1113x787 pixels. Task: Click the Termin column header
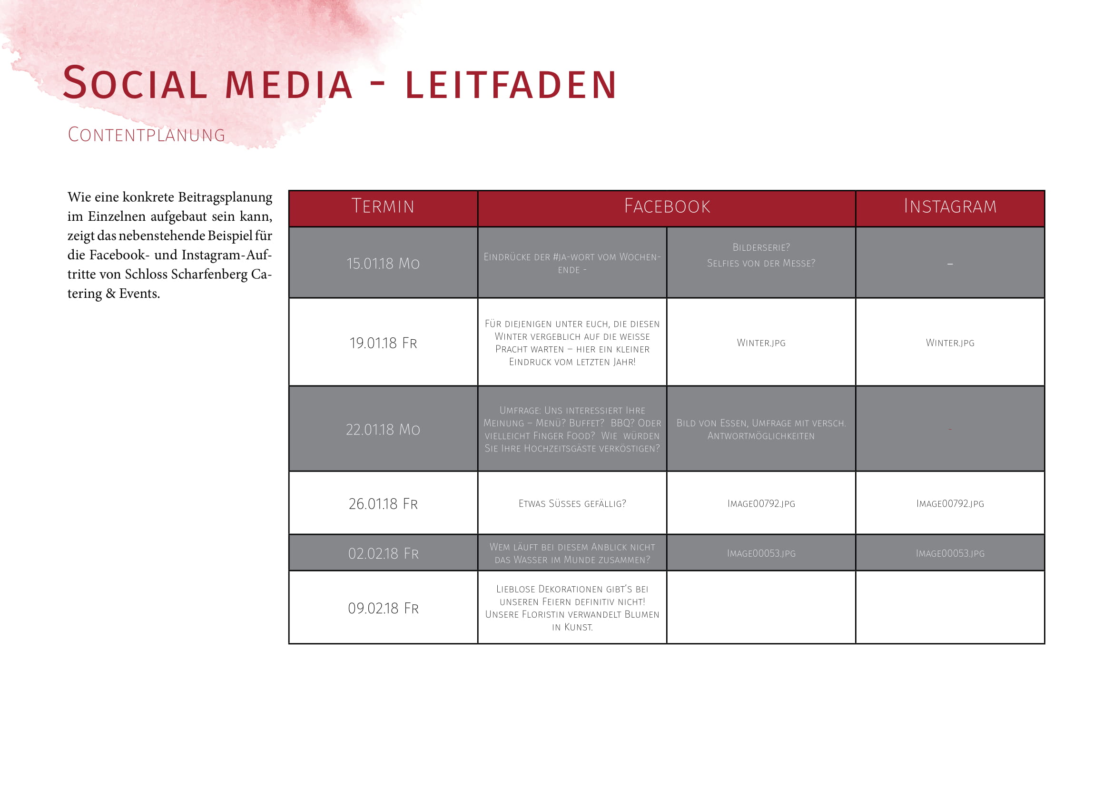click(383, 207)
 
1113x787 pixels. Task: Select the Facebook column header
click(667, 207)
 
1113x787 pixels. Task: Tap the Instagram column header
click(950, 207)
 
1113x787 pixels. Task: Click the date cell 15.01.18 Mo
click(383, 264)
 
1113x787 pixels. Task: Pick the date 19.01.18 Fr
click(383, 343)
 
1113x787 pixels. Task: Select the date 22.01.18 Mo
click(383, 429)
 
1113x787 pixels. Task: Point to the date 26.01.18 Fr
click(383, 504)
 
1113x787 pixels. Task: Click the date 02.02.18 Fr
click(383, 553)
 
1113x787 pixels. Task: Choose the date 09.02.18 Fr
click(383, 608)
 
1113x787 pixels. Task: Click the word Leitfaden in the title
click(511, 85)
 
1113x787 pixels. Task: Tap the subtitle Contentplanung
click(147, 135)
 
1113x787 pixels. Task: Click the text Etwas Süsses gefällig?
click(572, 504)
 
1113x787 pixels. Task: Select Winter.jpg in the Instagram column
click(950, 343)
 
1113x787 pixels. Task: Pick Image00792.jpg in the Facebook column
click(761, 504)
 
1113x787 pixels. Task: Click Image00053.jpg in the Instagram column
click(950, 553)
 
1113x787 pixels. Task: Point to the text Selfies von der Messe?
click(761, 263)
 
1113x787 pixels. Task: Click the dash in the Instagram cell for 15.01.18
click(950, 264)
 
